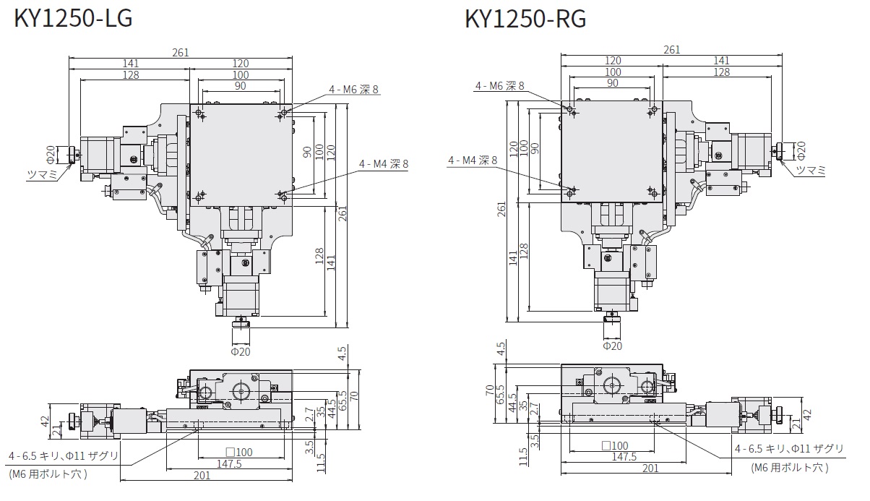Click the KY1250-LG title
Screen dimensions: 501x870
73,19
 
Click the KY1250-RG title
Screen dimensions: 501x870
526,19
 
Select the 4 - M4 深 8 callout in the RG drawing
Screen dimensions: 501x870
473,160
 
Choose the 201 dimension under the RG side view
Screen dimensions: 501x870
650,468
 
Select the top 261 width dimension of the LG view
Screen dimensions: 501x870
181,51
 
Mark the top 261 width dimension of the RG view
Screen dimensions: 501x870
671,50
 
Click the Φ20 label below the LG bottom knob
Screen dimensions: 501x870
240,351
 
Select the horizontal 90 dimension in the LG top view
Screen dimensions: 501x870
240,85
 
